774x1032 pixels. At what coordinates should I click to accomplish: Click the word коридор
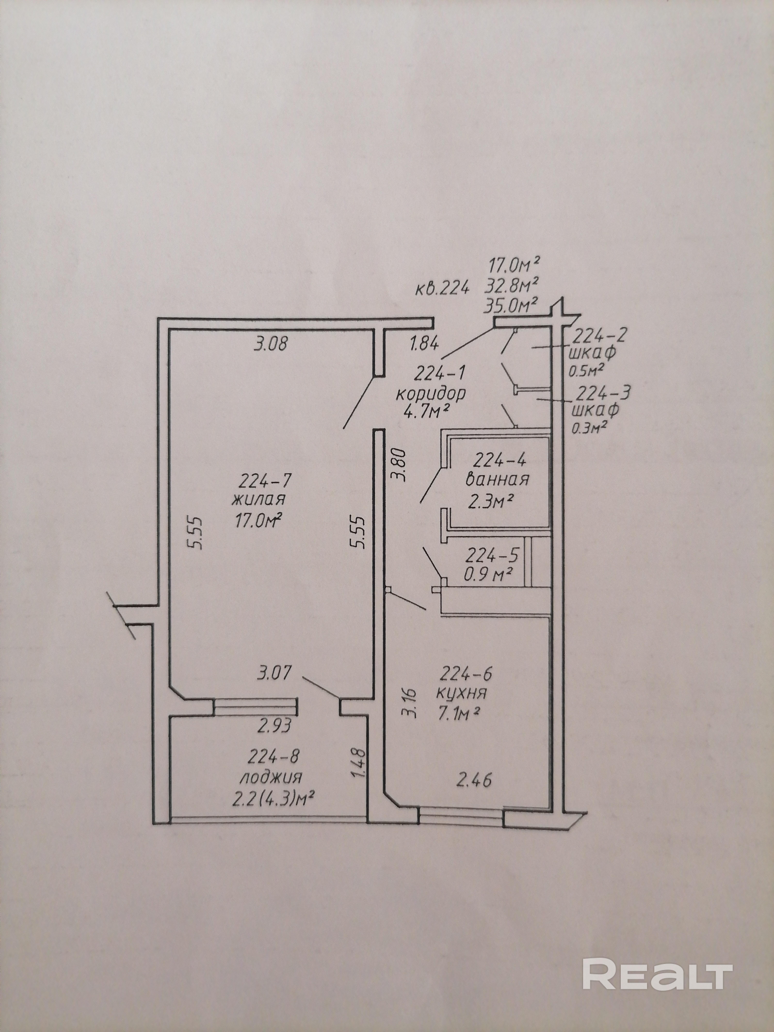point(431,394)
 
